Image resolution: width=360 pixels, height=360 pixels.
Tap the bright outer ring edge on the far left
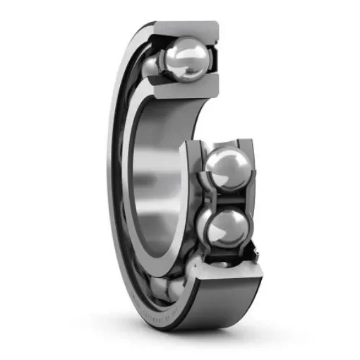pyautogui.click(x=112, y=176)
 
